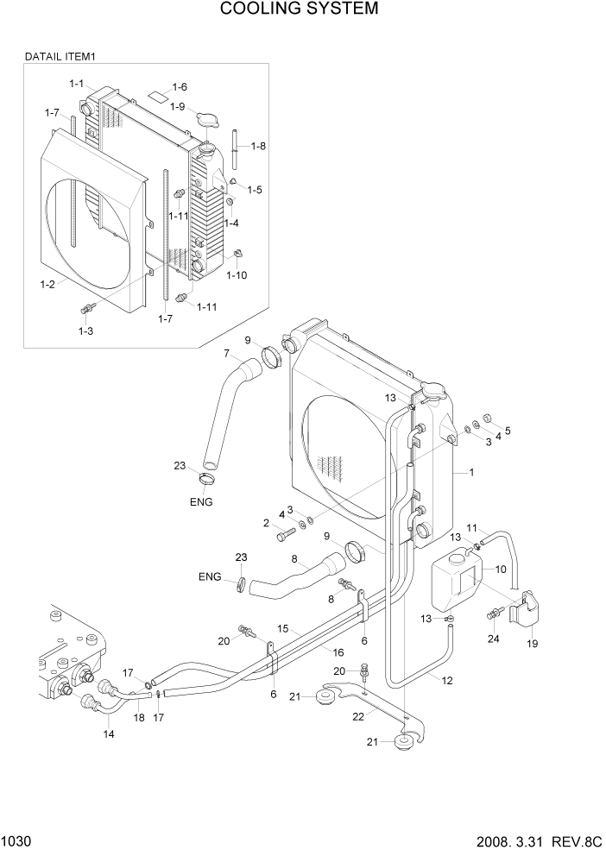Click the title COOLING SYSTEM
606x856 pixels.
point(299,9)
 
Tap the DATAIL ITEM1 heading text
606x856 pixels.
point(60,56)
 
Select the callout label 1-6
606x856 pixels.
point(180,87)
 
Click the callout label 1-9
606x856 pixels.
point(177,106)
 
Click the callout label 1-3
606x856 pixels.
point(85,330)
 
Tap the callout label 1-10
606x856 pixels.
point(237,275)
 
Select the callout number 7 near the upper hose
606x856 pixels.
point(226,353)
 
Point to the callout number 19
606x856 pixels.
point(532,643)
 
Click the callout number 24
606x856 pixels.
point(493,639)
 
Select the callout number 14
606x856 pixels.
point(108,733)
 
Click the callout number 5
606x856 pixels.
point(508,430)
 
